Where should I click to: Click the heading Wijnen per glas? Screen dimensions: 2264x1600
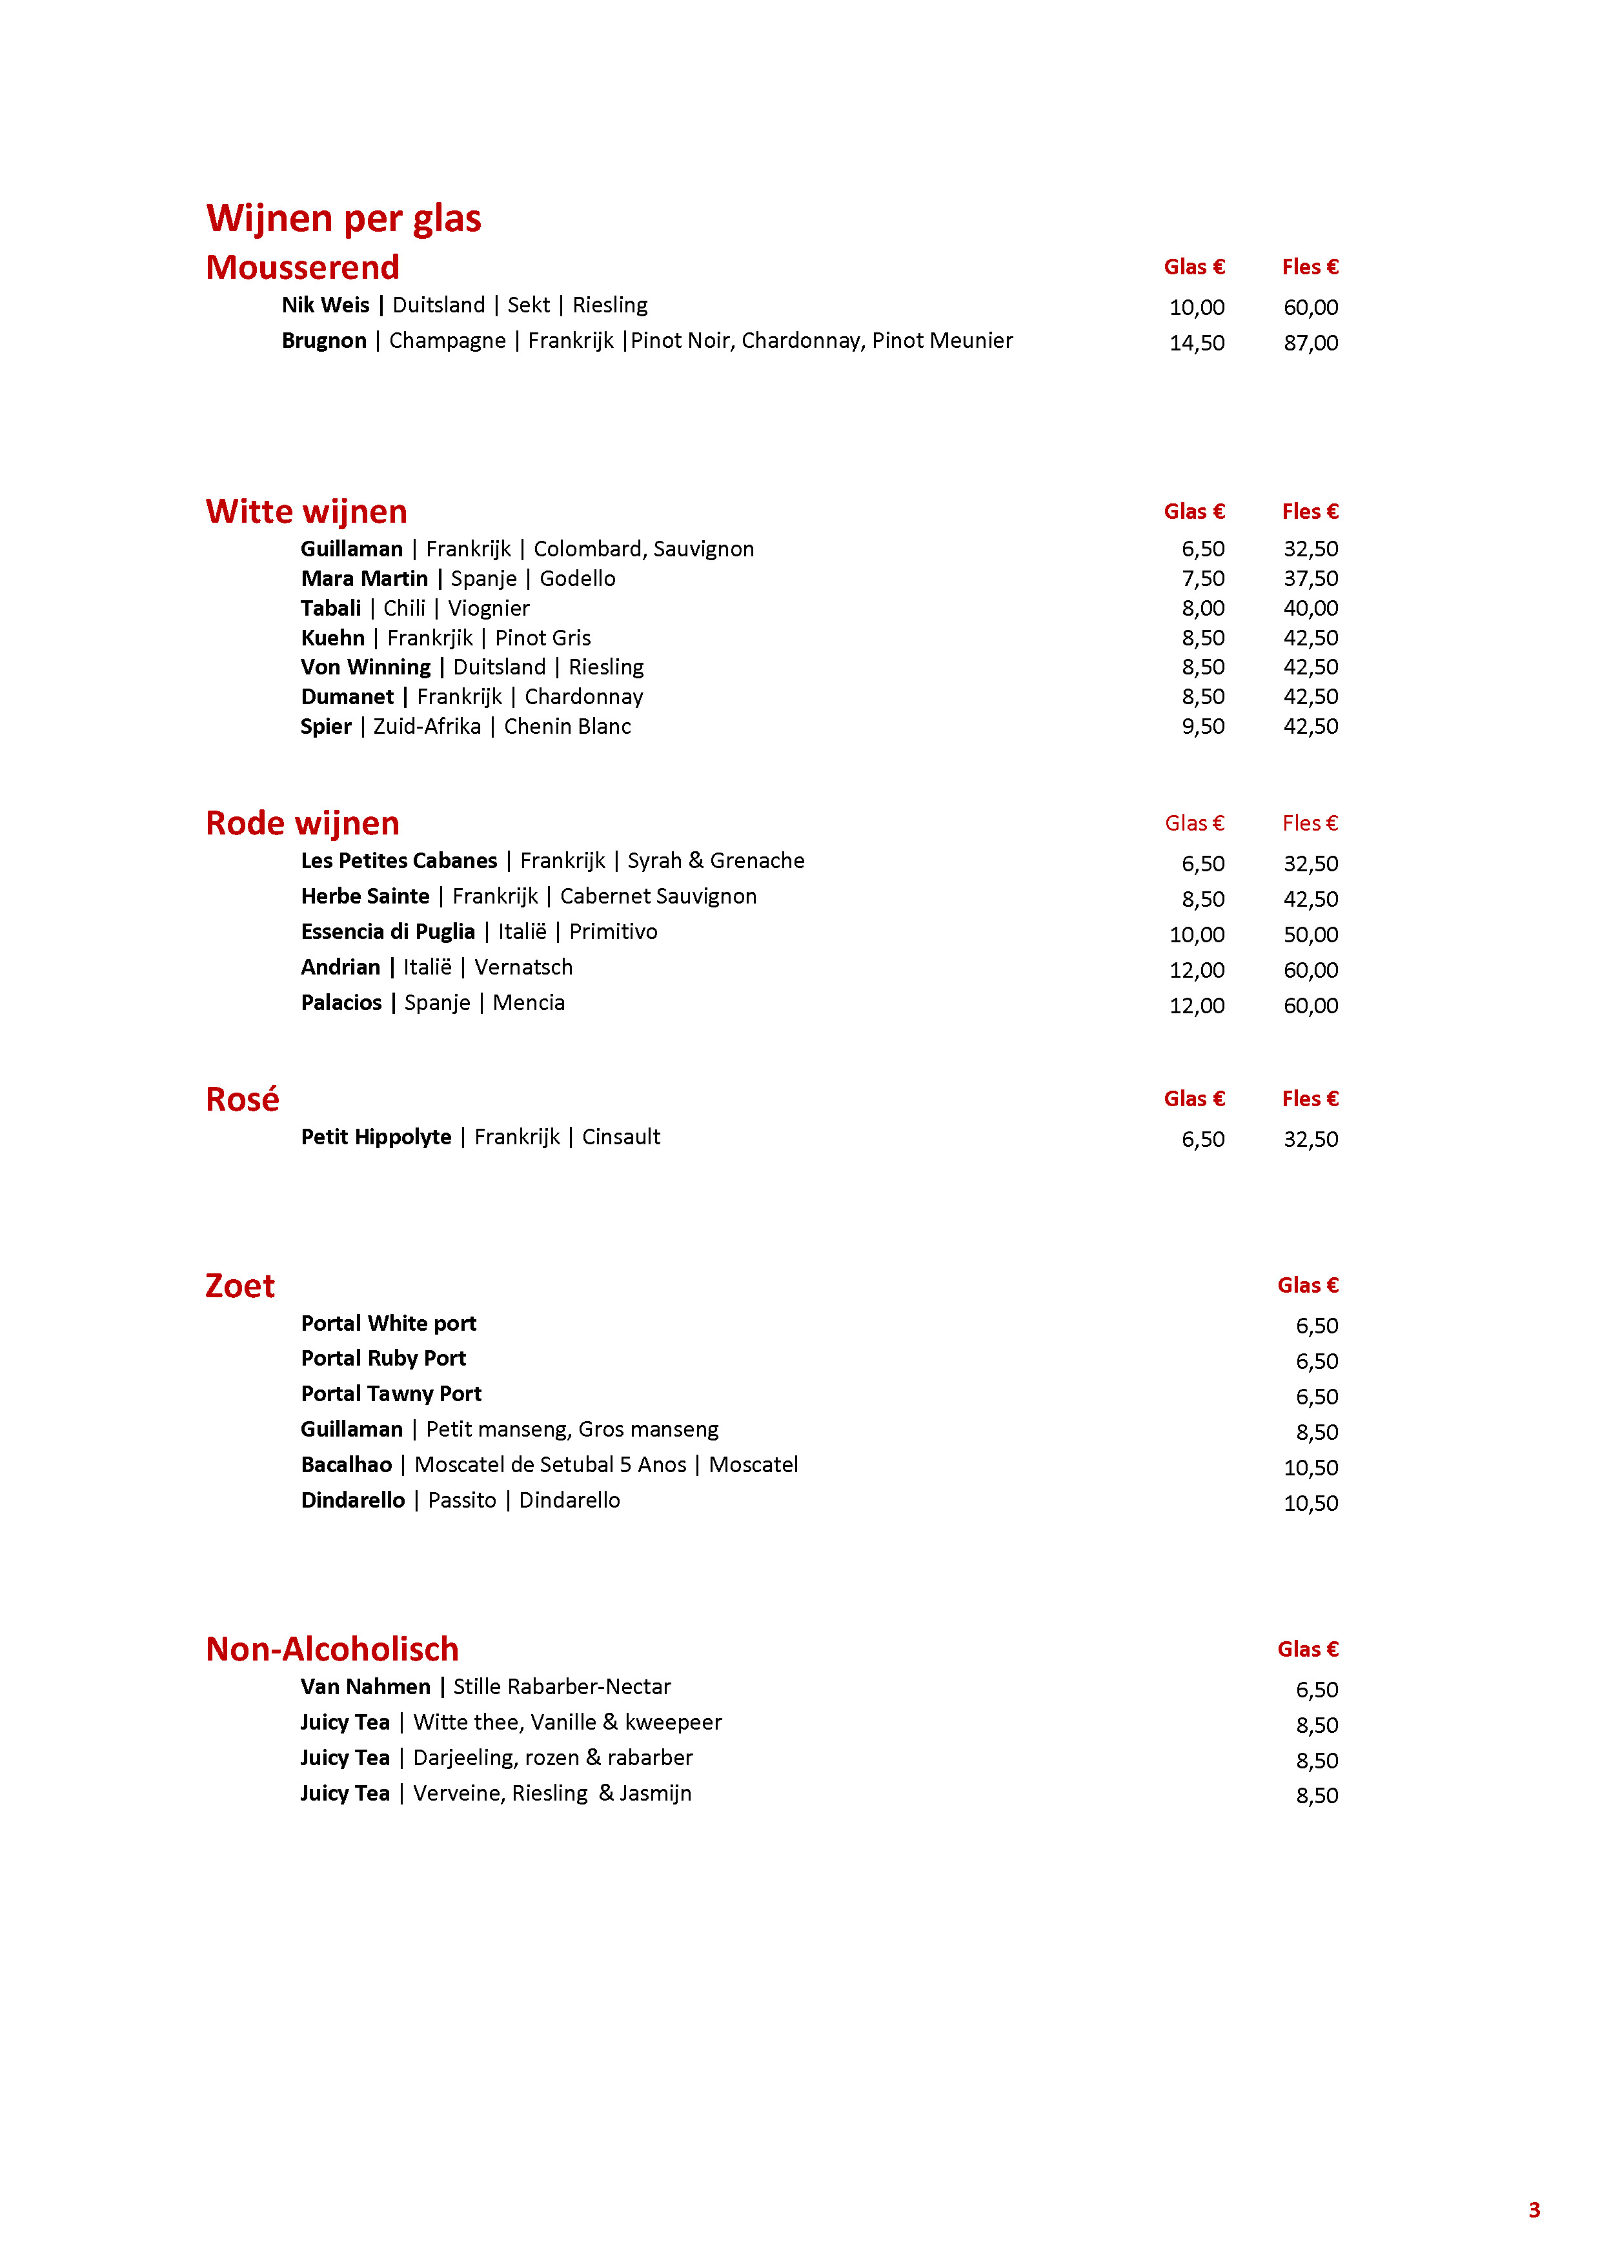click(x=343, y=218)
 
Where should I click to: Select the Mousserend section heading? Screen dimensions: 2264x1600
click(x=303, y=267)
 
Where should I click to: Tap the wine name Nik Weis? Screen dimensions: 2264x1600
click(x=325, y=305)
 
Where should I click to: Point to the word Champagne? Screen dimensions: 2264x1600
click(x=447, y=340)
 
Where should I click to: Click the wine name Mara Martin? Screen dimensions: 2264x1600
click(x=364, y=579)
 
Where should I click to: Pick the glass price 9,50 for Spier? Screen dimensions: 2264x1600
click(x=1202, y=727)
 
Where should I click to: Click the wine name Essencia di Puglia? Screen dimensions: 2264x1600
click(x=387, y=932)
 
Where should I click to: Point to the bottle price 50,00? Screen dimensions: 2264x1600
click(x=1310, y=935)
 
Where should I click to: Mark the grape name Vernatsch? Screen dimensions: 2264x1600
click(x=523, y=967)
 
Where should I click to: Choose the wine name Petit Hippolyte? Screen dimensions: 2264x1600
click(x=376, y=1137)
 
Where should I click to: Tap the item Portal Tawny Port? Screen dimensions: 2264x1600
click(x=390, y=1393)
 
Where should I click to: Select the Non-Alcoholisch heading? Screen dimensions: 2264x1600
click(x=332, y=1649)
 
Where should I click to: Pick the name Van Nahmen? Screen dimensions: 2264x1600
click(x=365, y=1686)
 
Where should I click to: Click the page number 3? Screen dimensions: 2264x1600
click(x=1534, y=2210)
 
